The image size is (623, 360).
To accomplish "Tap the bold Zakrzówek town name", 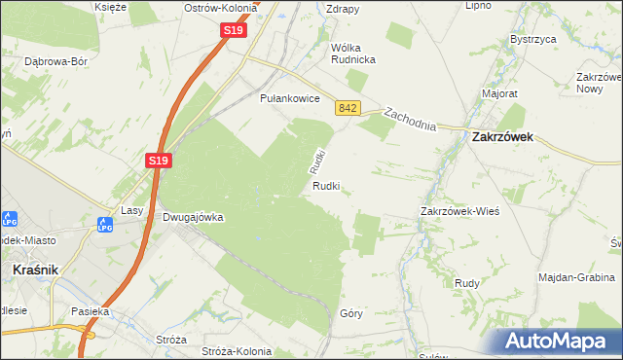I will (502, 138).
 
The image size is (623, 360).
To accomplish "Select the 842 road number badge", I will (348, 109).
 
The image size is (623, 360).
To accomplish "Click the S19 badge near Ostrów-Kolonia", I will (232, 31).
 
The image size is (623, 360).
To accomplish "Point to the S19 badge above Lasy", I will (160, 161).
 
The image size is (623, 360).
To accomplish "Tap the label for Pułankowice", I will (290, 98).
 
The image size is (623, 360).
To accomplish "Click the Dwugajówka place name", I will (194, 218).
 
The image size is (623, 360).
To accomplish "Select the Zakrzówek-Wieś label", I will (459, 211).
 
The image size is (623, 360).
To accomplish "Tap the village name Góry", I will (351, 313).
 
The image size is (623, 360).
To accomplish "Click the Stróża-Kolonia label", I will (240, 350).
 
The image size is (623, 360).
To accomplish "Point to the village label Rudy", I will (465, 283).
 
